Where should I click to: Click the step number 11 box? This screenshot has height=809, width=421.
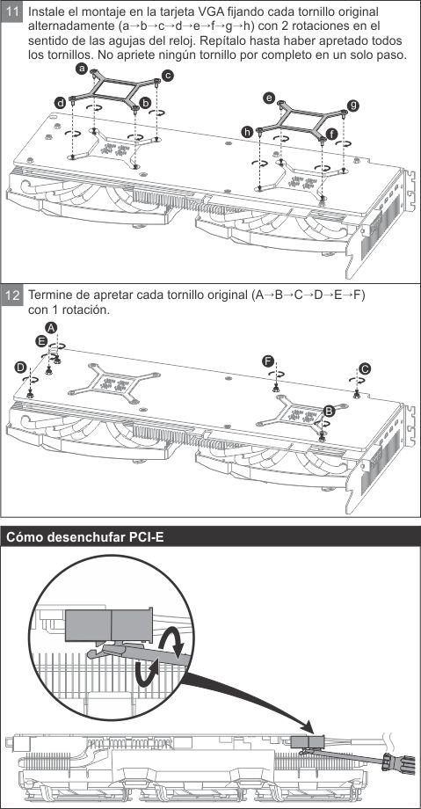(12, 12)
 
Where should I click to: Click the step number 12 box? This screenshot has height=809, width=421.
(12, 296)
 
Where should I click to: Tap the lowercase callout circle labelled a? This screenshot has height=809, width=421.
(81, 68)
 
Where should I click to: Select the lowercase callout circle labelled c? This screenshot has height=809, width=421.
(168, 76)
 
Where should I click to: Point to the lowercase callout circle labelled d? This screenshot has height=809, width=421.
(61, 103)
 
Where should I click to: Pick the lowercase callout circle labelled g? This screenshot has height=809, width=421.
(353, 106)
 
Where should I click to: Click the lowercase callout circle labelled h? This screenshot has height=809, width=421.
(247, 133)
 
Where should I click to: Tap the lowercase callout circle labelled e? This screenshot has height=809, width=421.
(268, 98)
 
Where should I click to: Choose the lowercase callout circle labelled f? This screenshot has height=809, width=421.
(331, 135)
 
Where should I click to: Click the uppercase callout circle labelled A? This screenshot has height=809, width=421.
(51, 328)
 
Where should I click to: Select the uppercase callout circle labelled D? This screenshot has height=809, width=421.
(20, 367)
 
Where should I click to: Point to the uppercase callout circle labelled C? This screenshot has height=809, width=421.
(365, 368)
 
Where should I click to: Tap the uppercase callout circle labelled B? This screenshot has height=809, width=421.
(329, 411)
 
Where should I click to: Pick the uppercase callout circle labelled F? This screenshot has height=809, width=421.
(267, 361)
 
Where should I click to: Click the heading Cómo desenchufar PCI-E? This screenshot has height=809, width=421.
(84, 537)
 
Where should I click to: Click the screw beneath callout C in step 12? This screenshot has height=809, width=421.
(357, 395)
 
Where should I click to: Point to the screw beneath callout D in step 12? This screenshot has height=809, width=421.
(31, 394)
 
